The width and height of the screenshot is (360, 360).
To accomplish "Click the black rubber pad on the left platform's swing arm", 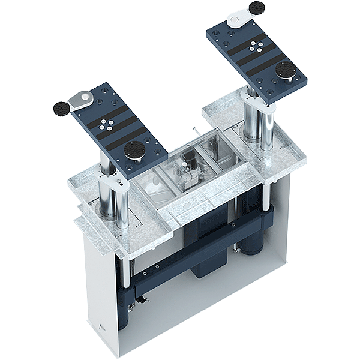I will [x=61, y=109].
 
